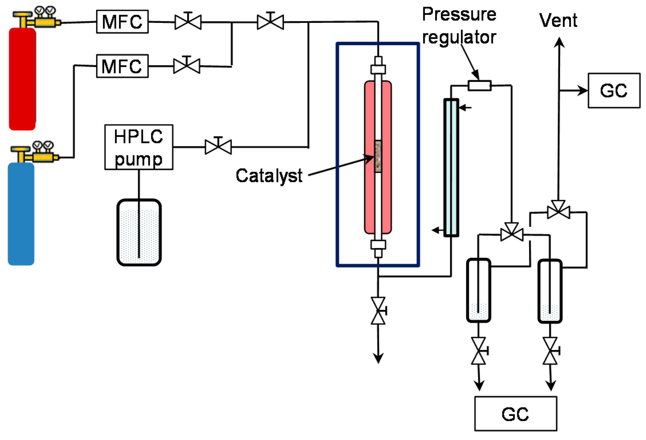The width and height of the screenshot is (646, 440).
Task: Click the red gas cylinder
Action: pyautogui.click(x=22, y=79)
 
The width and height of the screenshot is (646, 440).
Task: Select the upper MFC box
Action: pyautogui.click(x=122, y=22)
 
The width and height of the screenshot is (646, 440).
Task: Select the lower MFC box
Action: pyautogui.click(x=122, y=66)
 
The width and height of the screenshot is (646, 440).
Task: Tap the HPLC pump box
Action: pyautogui.click(x=139, y=147)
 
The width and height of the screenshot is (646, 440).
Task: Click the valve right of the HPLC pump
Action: pyautogui.click(x=218, y=147)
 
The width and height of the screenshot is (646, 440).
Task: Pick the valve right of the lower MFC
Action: pyautogui.click(x=187, y=66)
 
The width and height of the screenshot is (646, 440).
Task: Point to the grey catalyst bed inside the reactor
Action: pyautogui.click(x=378, y=156)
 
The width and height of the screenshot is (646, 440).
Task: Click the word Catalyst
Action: pyautogui.click(x=269, y=176)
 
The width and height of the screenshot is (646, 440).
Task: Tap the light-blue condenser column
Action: pyautogui.click(x=451, y=168)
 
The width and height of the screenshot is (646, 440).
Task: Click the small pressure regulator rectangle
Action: pyautogui.click(x=480, y=85)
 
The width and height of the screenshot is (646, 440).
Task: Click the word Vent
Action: pyautogui.click(x=558, y=21)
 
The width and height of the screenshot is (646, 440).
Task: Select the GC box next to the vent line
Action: pyautogui.click(x=614, y=91)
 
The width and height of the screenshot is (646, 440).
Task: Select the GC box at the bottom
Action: pyautogui.click(x=515, y=414)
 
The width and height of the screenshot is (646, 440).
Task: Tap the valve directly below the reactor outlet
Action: pyautogui.click(x=378, y=311)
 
